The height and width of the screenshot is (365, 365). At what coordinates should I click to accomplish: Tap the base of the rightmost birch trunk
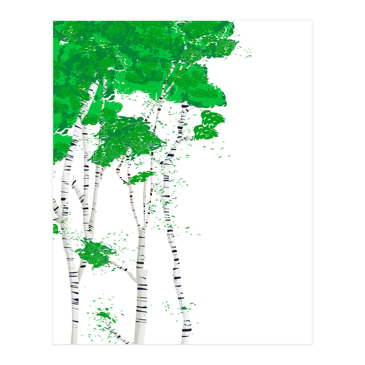(x=185, y=339)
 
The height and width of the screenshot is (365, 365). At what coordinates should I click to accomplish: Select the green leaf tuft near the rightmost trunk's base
(x=184, y=308)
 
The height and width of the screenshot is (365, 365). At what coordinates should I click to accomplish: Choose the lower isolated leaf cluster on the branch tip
(x=206, y=133)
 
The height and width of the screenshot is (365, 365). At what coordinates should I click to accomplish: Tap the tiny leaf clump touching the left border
(x=56, y=229)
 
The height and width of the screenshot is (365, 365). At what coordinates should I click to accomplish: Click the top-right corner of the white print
(x=311, y=21)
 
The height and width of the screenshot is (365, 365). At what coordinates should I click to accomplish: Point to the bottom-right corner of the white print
(x=311, y=344)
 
